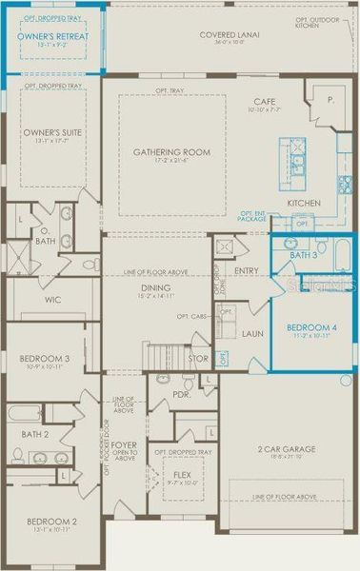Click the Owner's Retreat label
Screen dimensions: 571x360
pyautogui.click(x=53, y=35)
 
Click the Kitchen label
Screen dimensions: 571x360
pyautogui.click(x=303, y=204)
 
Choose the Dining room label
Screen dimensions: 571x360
pyautogui.click(x=155, y=286)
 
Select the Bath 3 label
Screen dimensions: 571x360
pyautogui.click(x=303, y=255)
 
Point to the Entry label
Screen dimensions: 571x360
pyautogui.click(x=246, y=271)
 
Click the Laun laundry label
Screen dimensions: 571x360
pyautogui.click(x=252, y=334)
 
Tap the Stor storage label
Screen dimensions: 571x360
pyautogui.click(x=197, y=359)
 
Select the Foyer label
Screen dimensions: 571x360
pyautogui.click(x=124, y=443)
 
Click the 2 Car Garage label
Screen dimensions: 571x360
pyautogui.click(x=287, y=448)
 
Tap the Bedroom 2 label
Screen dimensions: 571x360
pyautogui.click(x=52, y=522)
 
